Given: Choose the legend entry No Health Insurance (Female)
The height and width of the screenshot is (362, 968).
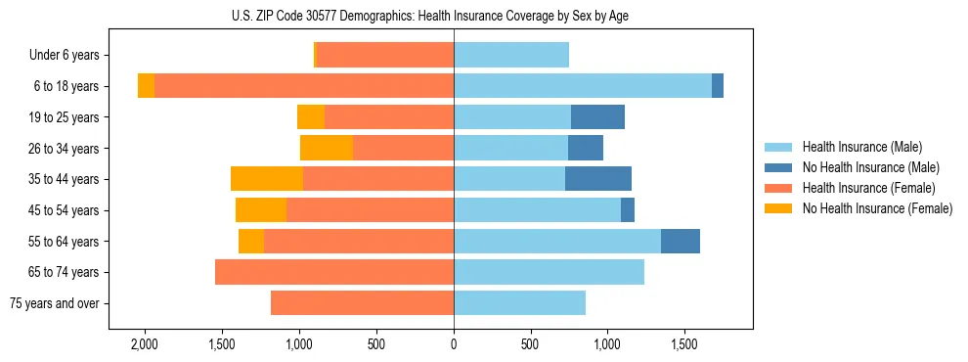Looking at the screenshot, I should (877, 208).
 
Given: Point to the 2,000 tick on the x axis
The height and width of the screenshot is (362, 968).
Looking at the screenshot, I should (144, 345).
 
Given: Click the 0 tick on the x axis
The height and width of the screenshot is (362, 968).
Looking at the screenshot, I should (454, 345).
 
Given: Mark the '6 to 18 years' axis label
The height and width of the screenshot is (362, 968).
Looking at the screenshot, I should (66, 86).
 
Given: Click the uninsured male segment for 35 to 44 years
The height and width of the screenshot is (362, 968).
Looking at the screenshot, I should (598, 179).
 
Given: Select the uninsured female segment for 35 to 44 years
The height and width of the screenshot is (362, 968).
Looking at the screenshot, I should (267, 179).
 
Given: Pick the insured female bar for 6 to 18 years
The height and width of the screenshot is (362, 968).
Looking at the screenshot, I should (304, 86).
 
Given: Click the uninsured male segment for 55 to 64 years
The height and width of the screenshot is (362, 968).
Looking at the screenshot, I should (681, 241).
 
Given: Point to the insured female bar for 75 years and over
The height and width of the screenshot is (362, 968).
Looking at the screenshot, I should (362, 303).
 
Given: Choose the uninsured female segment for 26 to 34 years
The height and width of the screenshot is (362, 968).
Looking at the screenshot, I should (327, 148).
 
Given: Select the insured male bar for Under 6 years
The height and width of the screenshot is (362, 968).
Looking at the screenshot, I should (511, 56).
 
